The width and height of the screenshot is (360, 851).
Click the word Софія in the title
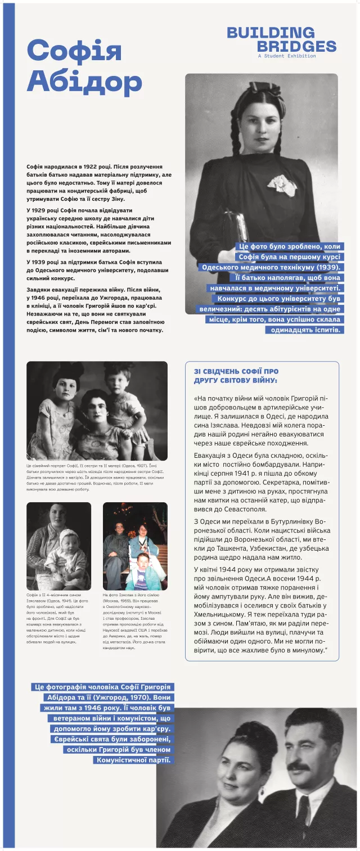pos(74,51)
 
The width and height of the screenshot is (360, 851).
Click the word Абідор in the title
pos(84,82)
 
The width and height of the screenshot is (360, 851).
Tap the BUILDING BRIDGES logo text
pos(281,39)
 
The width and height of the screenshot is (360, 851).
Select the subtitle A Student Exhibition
pos(286,56)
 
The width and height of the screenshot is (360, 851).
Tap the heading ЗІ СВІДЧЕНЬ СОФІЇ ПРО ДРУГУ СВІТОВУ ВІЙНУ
pos(236,376)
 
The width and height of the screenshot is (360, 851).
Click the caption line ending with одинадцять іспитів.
pos(304,330)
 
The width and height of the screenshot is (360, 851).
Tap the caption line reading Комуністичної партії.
pos(133,760)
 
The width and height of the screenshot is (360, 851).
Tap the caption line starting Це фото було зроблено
pos(289,246)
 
